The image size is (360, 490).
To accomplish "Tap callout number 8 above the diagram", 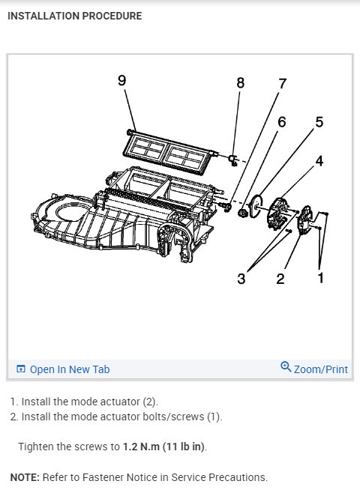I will (241, 83).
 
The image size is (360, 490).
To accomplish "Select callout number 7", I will (282, 83).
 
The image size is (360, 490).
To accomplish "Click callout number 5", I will (319, 122).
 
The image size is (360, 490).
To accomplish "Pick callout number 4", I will (319, 160).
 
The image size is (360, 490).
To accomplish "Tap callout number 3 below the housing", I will (241, 279).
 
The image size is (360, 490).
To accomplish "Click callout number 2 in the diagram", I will (280, 279).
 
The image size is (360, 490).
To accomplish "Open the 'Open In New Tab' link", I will (70, 369).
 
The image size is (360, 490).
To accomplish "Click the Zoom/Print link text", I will (321, 369).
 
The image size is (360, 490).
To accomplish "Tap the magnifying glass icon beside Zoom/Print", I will (285, 367).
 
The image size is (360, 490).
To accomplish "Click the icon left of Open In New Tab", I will (21, 369).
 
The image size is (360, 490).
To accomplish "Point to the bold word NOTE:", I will (25, 477).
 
